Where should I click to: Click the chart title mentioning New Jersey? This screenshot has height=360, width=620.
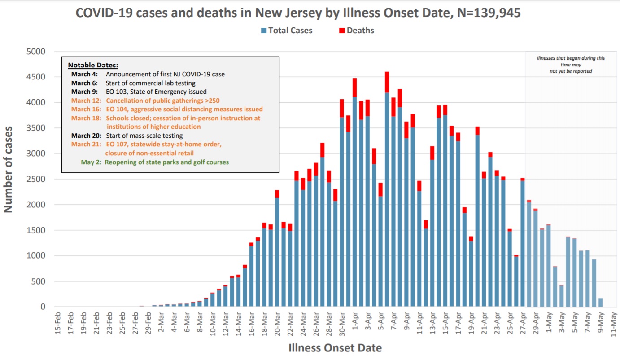298,13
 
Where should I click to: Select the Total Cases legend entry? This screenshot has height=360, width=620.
287,31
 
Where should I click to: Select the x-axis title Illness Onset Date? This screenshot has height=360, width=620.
335,348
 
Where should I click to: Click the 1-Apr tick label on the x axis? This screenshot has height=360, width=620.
354,321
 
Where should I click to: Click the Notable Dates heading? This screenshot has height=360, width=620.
93,66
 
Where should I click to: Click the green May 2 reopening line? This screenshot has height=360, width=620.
155,162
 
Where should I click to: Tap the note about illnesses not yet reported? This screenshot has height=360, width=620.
571,65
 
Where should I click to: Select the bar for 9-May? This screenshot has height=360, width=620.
600,303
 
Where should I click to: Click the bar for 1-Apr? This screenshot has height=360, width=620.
354,198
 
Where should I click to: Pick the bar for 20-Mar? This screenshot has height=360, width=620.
277,251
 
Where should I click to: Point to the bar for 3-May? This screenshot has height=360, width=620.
561,296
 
